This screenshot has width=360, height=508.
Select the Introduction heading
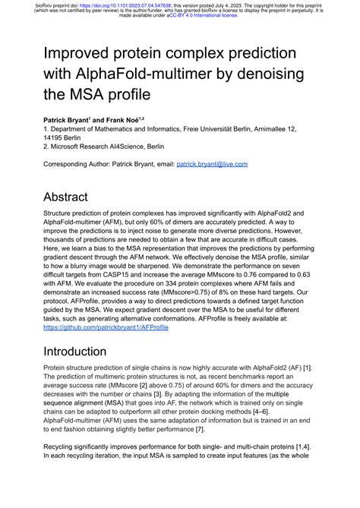pos(85,352)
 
